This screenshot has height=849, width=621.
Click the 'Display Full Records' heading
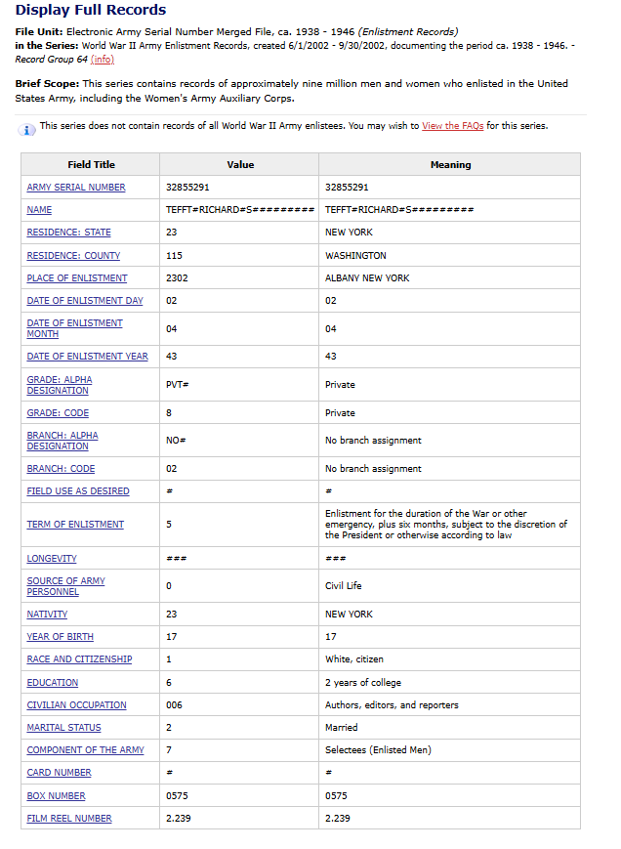(91, 11)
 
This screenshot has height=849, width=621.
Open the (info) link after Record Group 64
(102, 60)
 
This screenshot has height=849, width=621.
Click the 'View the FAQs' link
(452, 126)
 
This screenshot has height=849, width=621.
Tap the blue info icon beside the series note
(28, 129)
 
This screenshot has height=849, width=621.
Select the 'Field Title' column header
(91, 165)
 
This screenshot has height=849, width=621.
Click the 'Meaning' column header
(450, 165)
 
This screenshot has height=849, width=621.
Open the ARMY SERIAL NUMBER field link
(76, 188)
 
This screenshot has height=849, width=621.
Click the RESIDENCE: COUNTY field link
(73, 256)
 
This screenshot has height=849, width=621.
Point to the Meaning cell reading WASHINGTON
(355, 256)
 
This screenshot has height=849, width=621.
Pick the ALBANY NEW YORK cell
(367, 278)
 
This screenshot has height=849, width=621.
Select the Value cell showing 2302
(178, 278)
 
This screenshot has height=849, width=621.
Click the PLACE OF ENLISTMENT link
(77, 278)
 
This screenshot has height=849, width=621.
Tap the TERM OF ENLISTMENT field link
(75, 525)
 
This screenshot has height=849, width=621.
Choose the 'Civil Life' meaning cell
(343, 586)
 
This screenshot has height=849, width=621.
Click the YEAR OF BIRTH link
(61, 637)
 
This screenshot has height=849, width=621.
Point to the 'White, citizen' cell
(353, 659)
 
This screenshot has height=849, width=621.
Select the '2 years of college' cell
(362, 683)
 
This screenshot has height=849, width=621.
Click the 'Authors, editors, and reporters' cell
(392, 705)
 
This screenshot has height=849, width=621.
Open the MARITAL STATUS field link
(63, 728)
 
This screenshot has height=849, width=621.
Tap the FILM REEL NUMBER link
(69, 819)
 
